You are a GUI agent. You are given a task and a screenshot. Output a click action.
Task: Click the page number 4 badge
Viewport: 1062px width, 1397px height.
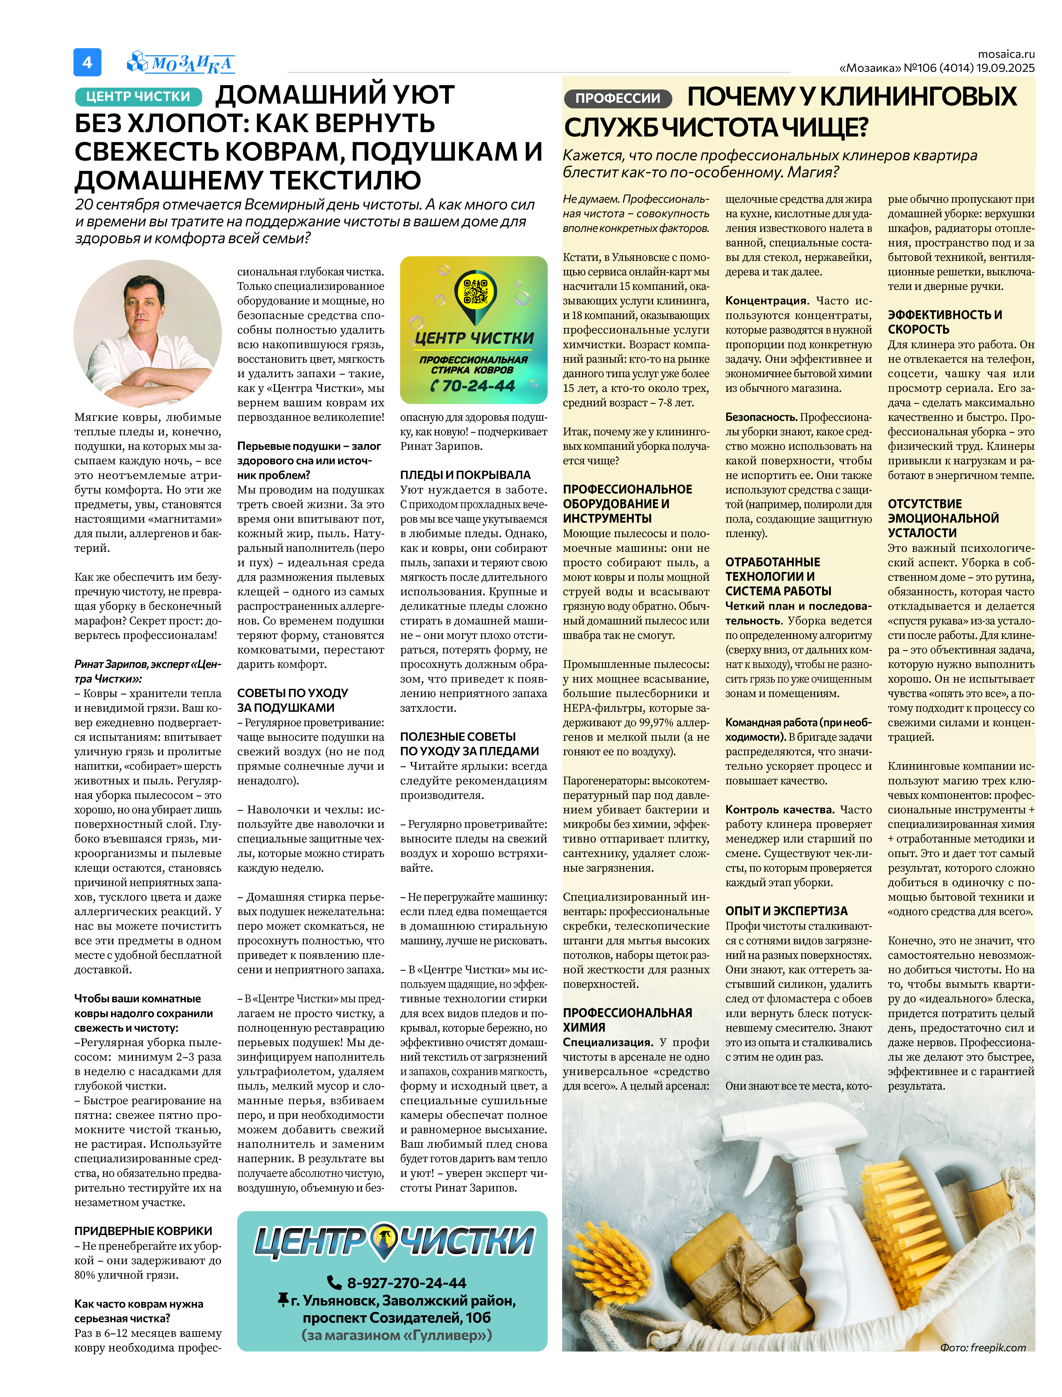[x=87, y=62]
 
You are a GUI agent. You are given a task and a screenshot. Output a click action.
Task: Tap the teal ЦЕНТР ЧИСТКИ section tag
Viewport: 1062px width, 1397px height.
[x=138, y=96]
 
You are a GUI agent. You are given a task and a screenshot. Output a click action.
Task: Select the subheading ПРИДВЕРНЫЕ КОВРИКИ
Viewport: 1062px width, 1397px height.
[x=143, y=1231]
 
